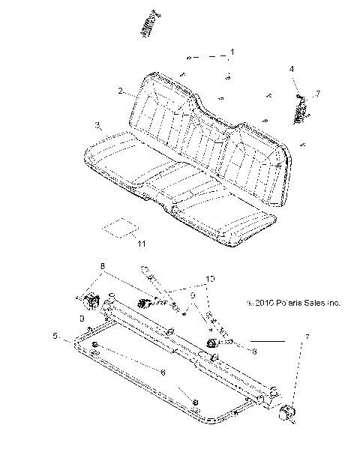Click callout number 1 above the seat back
(232, 52)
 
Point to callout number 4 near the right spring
(292, 69)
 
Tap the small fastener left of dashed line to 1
(190, 57)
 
